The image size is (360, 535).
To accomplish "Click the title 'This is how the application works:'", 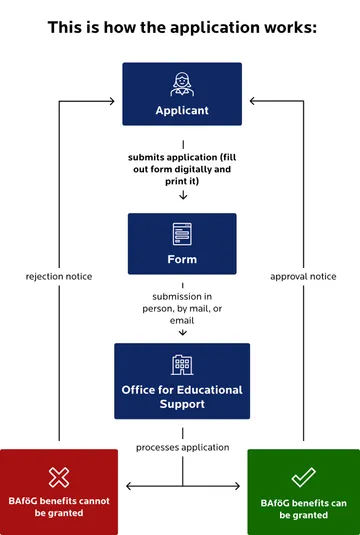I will click(181, 27).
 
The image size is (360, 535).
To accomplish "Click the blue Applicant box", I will click(181, 94).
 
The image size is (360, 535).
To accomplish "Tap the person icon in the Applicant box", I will click(182, 83).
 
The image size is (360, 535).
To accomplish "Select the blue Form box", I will click(181, 243).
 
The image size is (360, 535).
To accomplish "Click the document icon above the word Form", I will click(182, 233).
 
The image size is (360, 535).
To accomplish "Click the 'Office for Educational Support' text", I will click(182, 395).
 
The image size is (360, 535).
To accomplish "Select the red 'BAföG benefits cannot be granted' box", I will click(59, 492).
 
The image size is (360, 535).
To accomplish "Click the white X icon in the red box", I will click(59, 476).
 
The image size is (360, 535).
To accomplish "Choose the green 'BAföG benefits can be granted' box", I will click(303, 492).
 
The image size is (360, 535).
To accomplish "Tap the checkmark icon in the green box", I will click(303, 477).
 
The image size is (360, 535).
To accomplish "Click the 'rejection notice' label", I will click(59, 276).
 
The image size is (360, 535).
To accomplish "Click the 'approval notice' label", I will click(303, 276).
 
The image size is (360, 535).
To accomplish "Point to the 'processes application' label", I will click(182, 447).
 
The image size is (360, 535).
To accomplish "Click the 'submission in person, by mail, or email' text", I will click(181, 309).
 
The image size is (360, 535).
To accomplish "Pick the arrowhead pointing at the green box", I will click(243, 487).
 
